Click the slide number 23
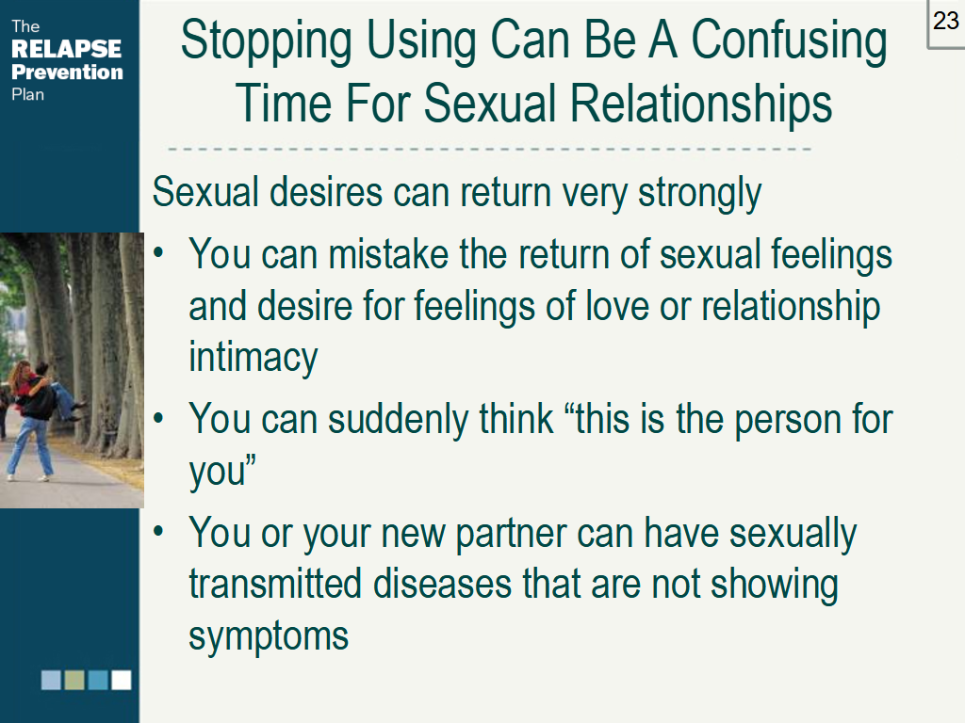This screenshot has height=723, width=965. pyautogui.click(x=945, y=21)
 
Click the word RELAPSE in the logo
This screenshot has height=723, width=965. pyautogui.click(x=66, y=49)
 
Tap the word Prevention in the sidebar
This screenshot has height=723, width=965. pyautogui.click(x=66, y=72)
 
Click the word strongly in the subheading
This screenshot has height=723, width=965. pyautogui.click(x=699, y=193)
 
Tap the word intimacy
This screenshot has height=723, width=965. pyautogui.click(x=253, y=359)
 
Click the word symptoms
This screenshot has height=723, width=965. pyautogui.click(x=269, y=637)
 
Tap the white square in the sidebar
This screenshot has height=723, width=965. pyautogui.click(x=122, y=680)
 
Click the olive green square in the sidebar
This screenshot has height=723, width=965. pyautogui.click(x=74, y=680)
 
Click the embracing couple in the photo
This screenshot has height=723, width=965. pyautogui.click(x=38, y=395)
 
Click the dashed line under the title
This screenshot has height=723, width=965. pyautogui.click(x=490, y=149)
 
